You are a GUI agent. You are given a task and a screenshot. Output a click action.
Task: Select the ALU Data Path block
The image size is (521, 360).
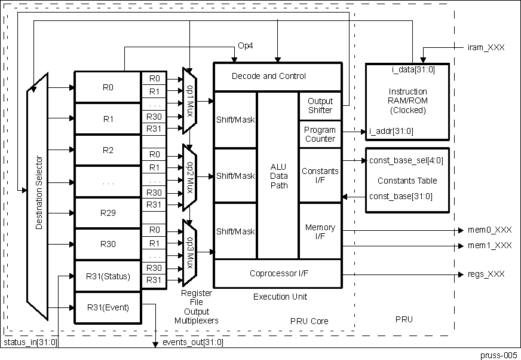278,176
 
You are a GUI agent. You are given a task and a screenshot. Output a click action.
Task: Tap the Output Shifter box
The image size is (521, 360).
320,105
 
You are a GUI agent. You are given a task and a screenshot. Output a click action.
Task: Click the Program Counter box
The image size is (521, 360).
320,134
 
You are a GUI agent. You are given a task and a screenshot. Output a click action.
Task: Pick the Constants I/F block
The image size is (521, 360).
320,175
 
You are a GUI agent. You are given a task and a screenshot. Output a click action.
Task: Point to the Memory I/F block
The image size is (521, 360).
320,231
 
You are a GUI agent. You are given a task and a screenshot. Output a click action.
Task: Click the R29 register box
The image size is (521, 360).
108,213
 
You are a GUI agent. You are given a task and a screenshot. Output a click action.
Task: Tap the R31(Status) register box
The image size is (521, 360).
108,276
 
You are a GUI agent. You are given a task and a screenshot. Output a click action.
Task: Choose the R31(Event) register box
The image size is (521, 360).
108,308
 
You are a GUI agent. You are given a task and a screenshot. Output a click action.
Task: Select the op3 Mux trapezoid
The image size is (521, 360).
189,251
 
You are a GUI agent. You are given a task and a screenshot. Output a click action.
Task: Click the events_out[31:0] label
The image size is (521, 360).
193,342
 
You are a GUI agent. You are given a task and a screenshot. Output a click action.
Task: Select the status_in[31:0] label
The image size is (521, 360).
30,342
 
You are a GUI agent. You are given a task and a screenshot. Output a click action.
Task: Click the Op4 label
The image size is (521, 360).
246,46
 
